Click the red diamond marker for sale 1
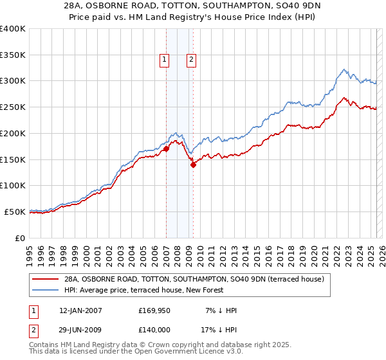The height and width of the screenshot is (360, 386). pyautogui.click(x=166, y=148)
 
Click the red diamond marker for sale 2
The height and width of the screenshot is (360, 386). pyautogui.click(x=193, y=164)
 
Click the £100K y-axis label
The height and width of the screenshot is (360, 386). pyautogui.click(x=13, y=185)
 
